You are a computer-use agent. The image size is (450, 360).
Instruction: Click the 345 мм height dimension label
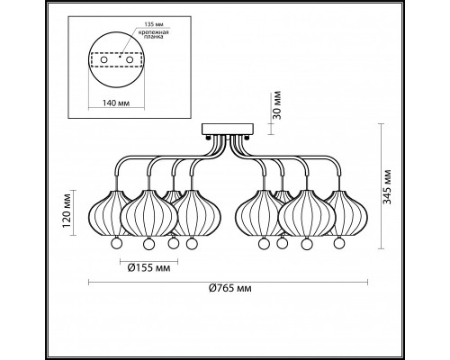(388, 186)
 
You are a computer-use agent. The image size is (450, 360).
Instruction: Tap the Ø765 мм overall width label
(230, 288)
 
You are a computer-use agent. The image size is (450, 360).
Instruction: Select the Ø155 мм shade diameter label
(148, 267)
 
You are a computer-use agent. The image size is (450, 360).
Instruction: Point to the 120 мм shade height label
(67, 211)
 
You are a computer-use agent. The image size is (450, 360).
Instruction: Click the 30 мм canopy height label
(278, 105)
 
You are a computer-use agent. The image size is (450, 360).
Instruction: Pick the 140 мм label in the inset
(116, 103)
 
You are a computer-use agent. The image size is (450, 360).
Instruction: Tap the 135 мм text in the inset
(154, 24)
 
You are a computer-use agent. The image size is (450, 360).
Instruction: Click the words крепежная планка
(153, 35)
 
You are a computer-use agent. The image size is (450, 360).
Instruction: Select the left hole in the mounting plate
(103, 60)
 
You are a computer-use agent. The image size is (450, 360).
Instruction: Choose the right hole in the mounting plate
(130, 60)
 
